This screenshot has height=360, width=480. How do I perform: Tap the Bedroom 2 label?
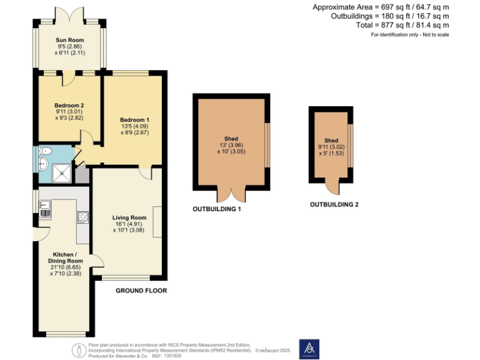[x=69, y=105]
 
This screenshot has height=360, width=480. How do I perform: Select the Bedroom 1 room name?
[x=134, y=119]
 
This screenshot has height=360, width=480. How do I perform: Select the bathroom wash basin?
[x=42, y=164]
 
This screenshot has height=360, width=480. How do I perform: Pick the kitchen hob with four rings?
[x=82, y=217]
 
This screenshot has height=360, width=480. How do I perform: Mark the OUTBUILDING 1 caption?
[x=217, y=209]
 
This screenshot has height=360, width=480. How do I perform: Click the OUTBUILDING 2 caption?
[x=334, y=204]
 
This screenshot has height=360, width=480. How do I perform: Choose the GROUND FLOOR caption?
[x=141, y=291]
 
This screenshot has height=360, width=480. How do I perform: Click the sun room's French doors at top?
[x=71, y=14]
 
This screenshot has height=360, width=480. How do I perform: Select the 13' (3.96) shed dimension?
[x=231, y=146]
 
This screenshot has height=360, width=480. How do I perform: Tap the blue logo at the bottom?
[x=309, y=348]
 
